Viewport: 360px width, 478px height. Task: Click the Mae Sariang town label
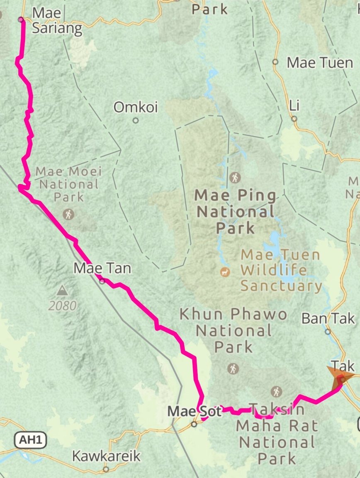click(x=57, y=21)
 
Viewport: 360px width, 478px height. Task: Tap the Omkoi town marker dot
click(x=136, y=121)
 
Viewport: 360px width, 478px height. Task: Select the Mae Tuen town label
click(x=320, y=63)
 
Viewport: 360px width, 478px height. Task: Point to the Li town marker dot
click(x=294, y=119)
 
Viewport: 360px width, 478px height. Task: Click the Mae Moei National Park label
click(x=68, y=183)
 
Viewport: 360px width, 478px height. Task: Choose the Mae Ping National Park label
click(x=236, y=211)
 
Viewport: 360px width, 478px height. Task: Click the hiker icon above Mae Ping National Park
click(x=235, y=178)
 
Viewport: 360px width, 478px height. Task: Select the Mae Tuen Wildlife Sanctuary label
click(x=281, y=270)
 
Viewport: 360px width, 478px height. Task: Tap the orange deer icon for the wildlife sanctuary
click(x=225, y=272)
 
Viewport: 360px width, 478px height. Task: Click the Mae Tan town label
click(x=102, y=268)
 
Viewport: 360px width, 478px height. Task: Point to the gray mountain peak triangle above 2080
click(x=62, y=290)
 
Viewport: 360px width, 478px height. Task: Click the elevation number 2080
click(x=62, y=306)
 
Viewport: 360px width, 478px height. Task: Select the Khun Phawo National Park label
click(x=234, y=330)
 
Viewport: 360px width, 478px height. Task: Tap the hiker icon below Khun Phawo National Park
click(x=233, y=368)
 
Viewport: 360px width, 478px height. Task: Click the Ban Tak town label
click(x=328, y=318)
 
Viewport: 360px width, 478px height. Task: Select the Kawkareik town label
click(x=106, y=456)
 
